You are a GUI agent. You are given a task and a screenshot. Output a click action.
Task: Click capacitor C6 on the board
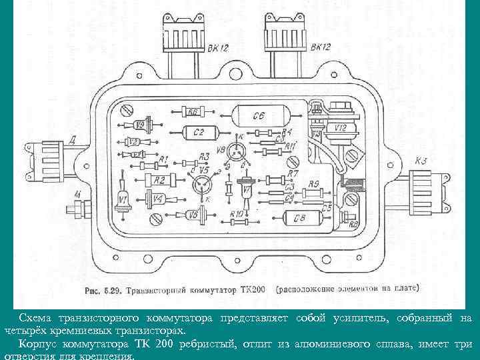click(x=259, y=115)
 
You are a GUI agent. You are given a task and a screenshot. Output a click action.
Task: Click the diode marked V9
click(x=141, y=124)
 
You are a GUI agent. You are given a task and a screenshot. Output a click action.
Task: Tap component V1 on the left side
click(x=123, y=199)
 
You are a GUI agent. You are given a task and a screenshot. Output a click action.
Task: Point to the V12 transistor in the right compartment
click(x=340, y=127)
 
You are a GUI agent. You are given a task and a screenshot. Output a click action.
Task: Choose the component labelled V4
click(x=157, y=199)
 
